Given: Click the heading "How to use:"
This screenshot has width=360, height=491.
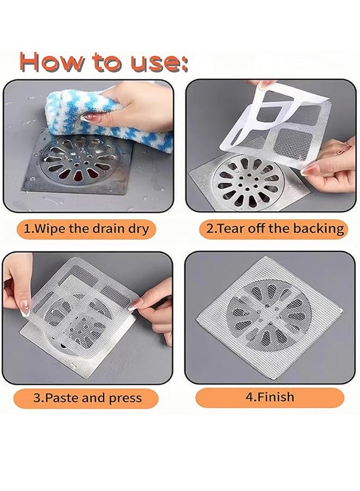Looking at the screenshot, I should point(104,62).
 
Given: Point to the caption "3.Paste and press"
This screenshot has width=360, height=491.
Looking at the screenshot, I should point(87,398).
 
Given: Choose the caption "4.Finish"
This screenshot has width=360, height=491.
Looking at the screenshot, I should point(269,397).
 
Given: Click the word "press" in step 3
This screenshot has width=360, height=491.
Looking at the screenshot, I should point(125,398).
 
